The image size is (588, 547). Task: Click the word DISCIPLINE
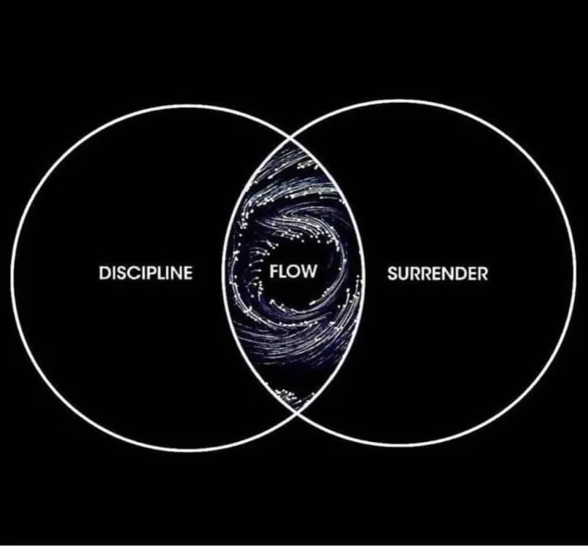tap(145, 273)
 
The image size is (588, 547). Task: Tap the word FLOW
tap(292, 273)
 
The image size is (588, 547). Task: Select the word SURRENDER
tap(437, 273)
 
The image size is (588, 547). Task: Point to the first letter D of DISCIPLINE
tap(105, 273)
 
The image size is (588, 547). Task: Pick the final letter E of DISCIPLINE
tap(187, 273)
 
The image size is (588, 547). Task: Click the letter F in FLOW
tap(274, 273)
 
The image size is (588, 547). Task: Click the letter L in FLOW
tap(283, 273)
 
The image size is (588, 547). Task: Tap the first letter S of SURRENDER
tap(392, 273)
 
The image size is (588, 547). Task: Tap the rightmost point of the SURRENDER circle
tap(576, 273)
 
